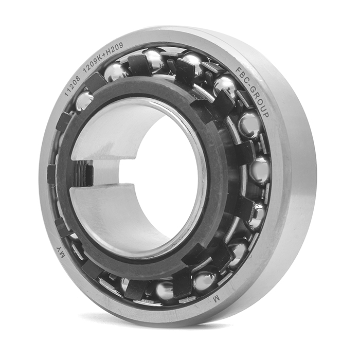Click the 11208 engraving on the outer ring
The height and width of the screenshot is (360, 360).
(72, 85)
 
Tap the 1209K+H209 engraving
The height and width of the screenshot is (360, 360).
(103, 57)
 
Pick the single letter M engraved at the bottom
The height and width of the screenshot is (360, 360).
(217, 298)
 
